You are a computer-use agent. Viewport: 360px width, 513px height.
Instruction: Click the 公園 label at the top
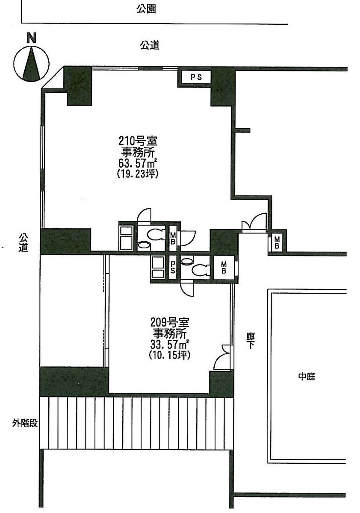pyautogui.click(x=146, y=9)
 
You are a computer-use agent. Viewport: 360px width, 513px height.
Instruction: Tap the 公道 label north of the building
pyautogui.click(x=150, y=45)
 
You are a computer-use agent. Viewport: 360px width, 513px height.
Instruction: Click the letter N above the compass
pyautogui.click(x=31, y=38)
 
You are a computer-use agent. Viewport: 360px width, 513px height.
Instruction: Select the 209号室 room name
pyautogui.click(x=169, y=321)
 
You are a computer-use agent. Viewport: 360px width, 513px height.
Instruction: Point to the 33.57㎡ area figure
pyautogui.click(x=170, y=344)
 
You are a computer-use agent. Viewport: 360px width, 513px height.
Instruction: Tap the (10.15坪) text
pyautogui.click(x=169, y=355)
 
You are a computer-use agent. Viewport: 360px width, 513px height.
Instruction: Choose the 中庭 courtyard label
pyautogui.click(x=306, y=377)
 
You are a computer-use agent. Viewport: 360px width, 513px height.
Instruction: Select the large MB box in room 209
pyautogui.click(x=224, y=268)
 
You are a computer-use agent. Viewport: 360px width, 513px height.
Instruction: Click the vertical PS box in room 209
pyautogui.click(x=173, y=268)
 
